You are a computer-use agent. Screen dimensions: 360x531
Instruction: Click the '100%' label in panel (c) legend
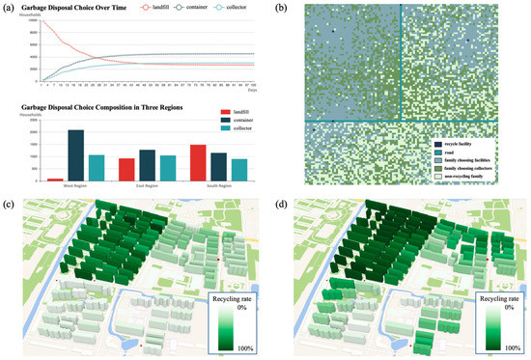click(x=245, y=346)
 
